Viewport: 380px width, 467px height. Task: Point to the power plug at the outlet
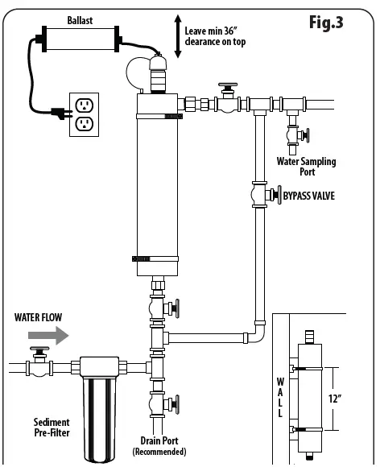[60, 114]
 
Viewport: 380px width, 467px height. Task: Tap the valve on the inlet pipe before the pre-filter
[36, 363]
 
